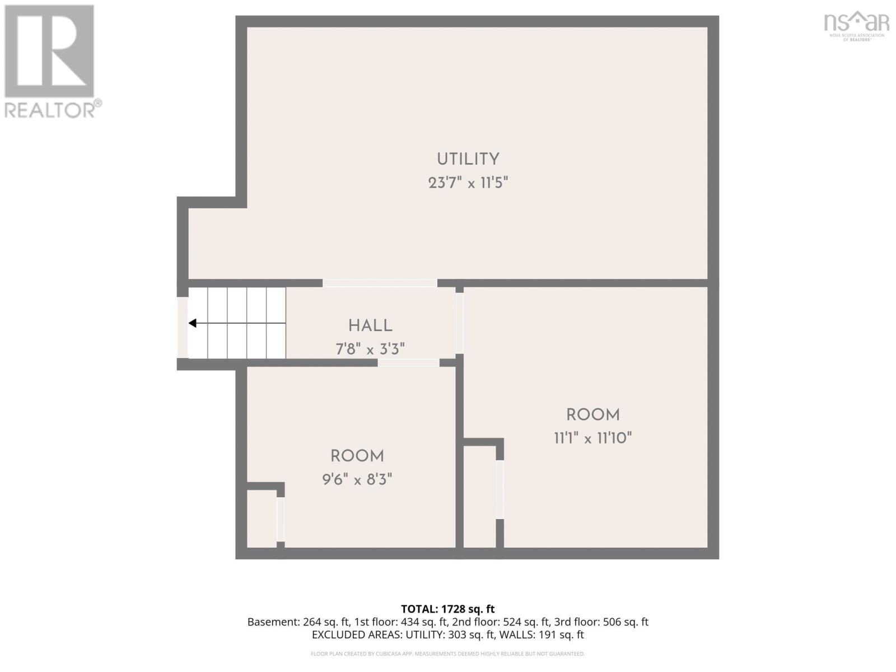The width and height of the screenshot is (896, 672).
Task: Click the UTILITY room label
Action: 468,159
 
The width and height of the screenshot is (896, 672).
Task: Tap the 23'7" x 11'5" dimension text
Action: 468,183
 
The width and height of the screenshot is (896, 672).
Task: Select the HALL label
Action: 370,325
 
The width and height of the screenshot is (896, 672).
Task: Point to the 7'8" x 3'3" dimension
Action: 370,349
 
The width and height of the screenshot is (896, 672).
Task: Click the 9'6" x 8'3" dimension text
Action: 357,479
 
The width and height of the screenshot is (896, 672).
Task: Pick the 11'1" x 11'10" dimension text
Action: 593,438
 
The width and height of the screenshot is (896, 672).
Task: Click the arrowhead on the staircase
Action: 193,323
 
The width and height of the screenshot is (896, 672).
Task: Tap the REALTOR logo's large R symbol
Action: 49,51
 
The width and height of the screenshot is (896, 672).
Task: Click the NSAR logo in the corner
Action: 856,25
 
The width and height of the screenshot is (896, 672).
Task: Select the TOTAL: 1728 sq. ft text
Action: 447,609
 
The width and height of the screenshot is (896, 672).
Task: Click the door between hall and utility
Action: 380,283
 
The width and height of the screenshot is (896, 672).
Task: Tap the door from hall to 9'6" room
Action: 408,363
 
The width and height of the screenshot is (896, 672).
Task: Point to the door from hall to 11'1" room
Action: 459,323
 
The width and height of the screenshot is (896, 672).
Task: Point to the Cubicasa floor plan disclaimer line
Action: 447,654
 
